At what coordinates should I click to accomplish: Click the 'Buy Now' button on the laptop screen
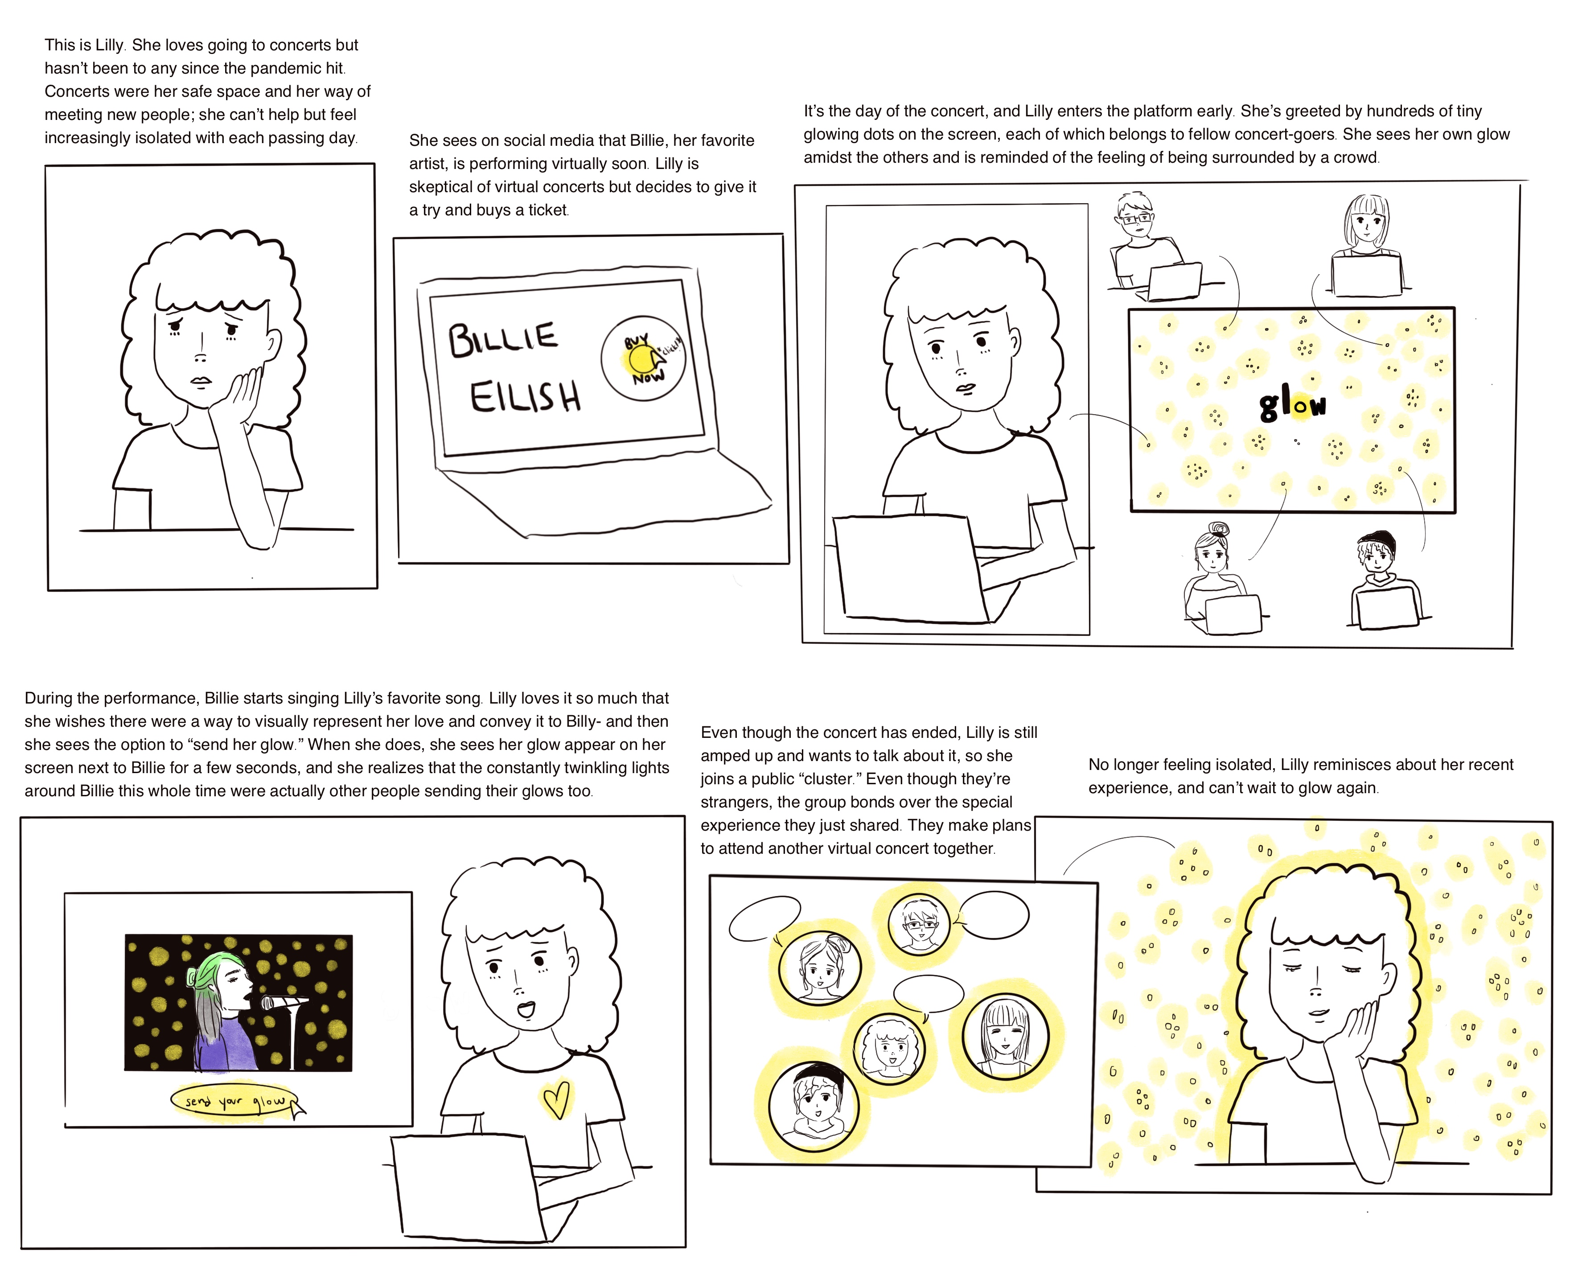pyautogui.click(x=643, y=358)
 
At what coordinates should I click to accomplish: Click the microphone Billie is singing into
pyautogui.click(x=285, y=1002)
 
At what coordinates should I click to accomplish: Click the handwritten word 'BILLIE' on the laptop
pyautogui.click(x=502, y=340)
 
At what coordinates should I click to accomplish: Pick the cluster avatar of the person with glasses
pyautogui.click(x=919, y=923)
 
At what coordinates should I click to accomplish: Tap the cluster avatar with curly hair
pyautogui.click(x=889, y=1048)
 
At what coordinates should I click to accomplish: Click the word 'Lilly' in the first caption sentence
pyautogui.click(x=110, y=45)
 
